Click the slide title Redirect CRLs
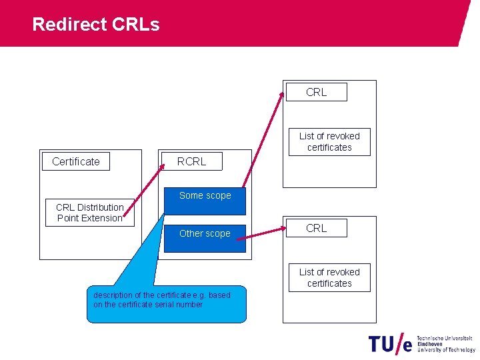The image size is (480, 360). (96, 25)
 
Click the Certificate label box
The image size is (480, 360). (76, 161)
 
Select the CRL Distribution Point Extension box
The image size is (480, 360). (90, 213)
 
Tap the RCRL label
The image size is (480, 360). (191, 161)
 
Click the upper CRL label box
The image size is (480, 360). (317, 92)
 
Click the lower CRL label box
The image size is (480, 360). (317, 228)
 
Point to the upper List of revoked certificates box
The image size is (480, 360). (329, 142)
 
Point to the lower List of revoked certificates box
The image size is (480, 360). (329, 277)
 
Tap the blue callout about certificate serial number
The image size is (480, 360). (167, 304)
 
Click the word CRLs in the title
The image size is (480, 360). (136, 25)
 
